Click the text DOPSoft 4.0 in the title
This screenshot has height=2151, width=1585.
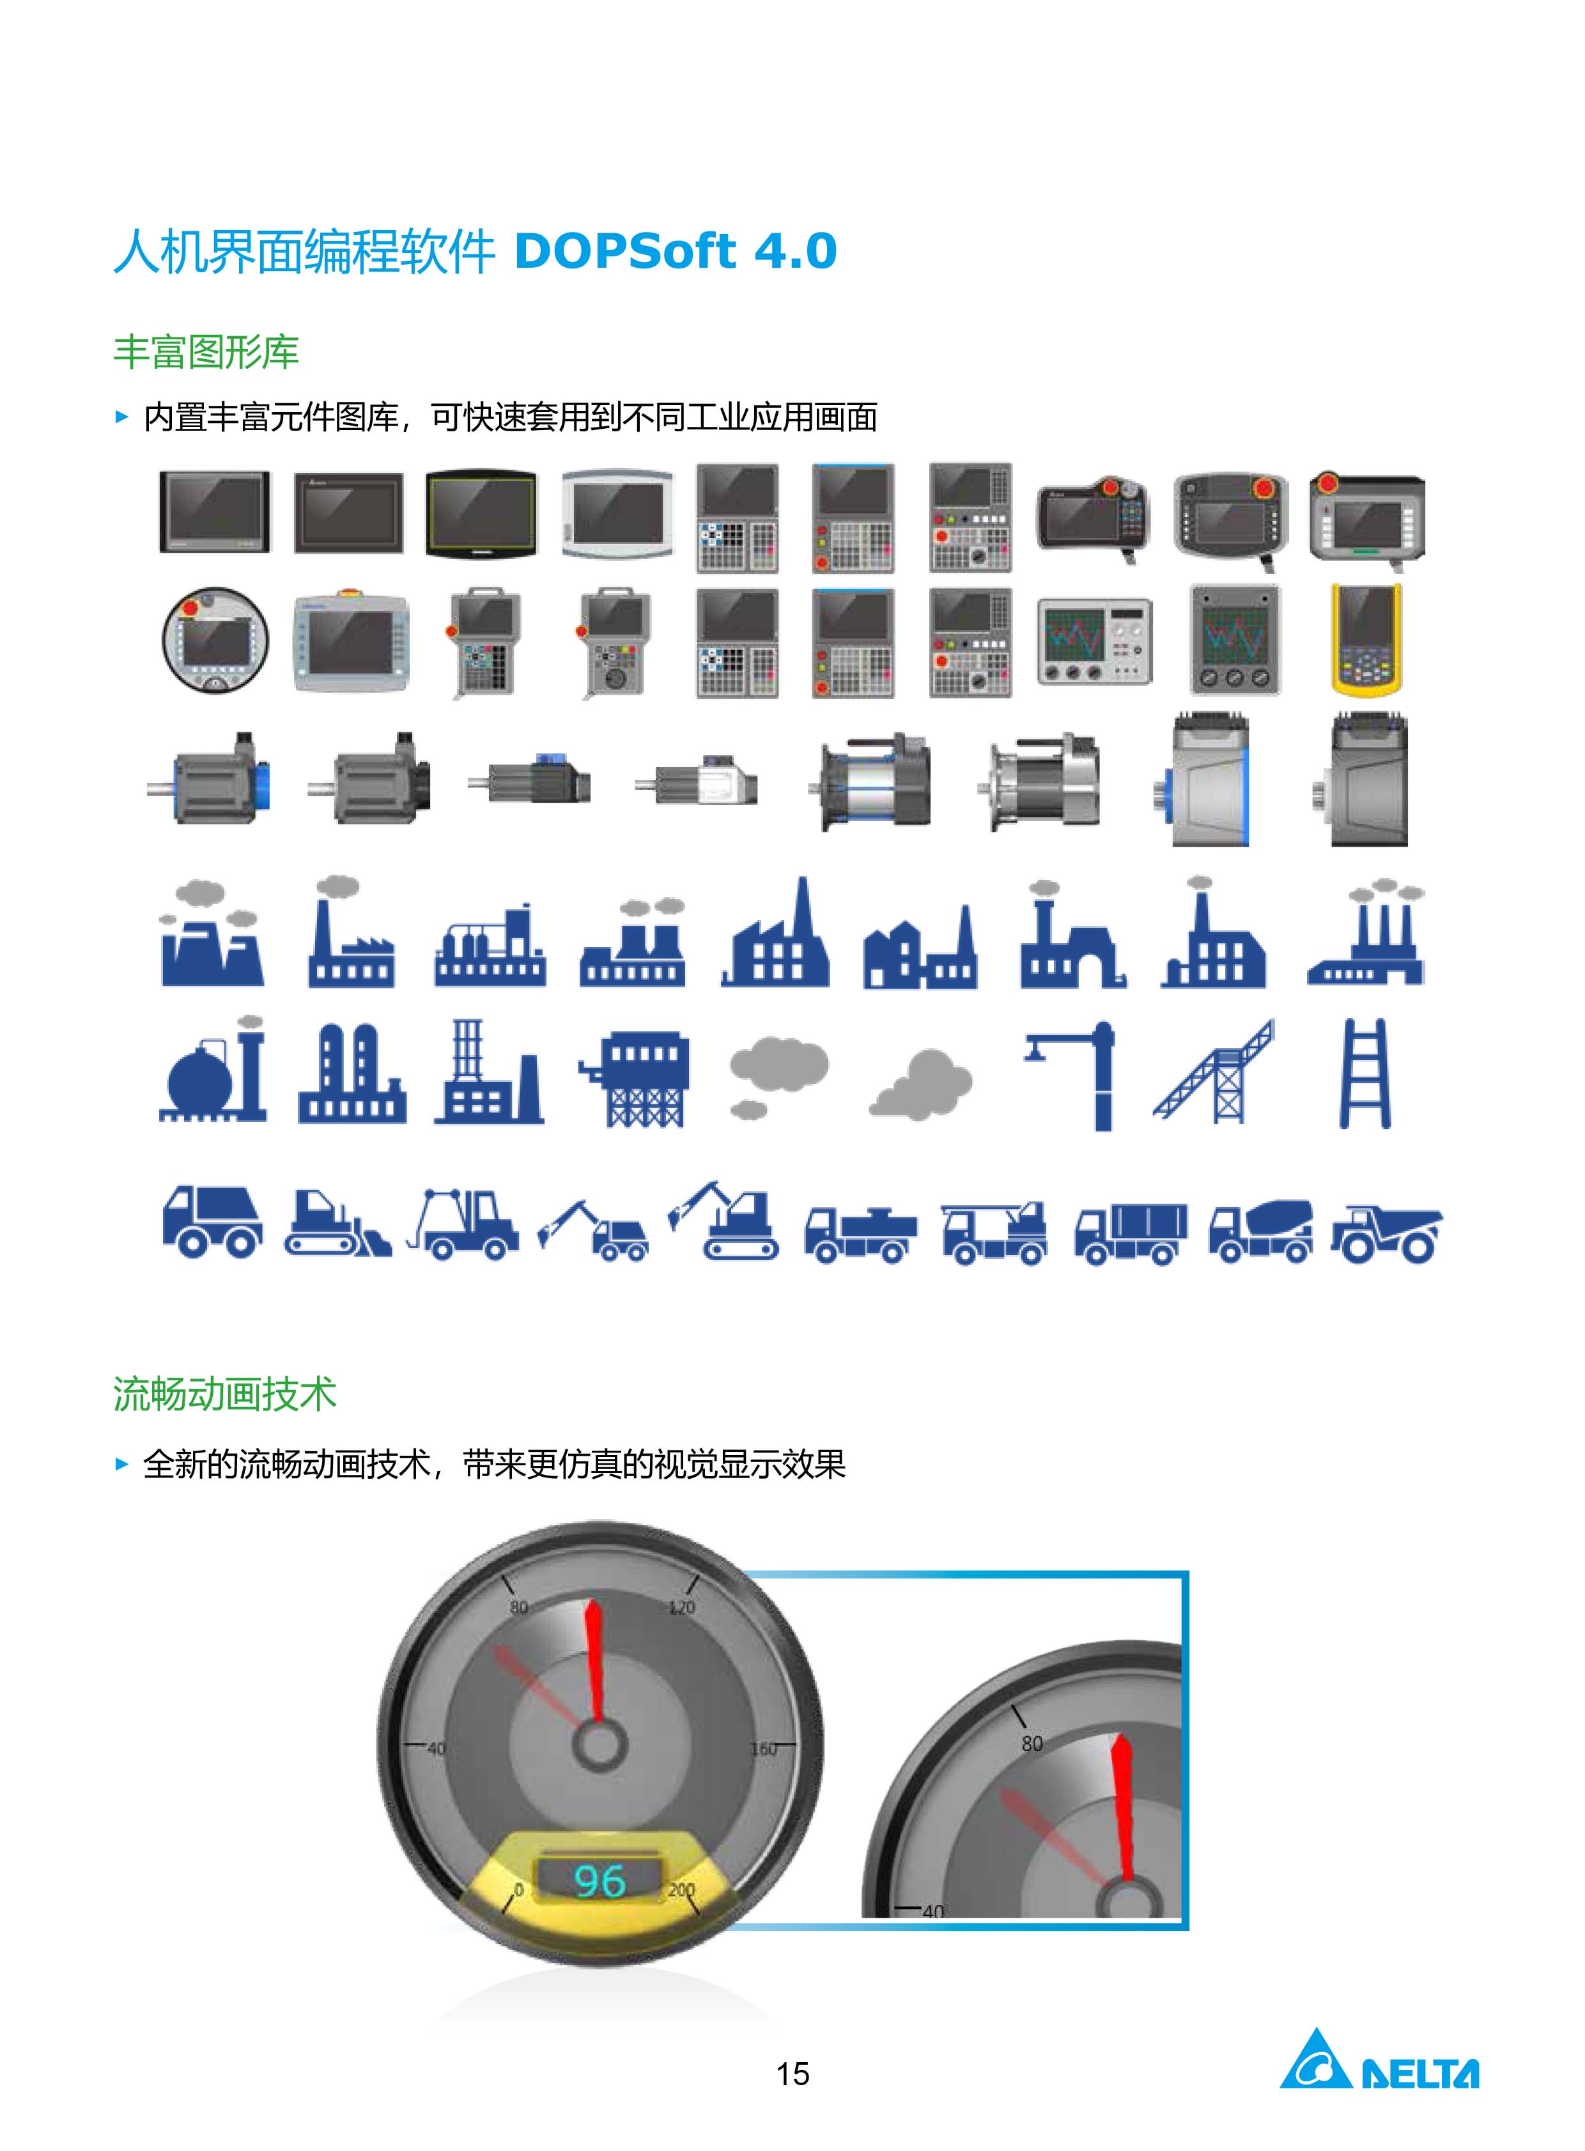[676, 251]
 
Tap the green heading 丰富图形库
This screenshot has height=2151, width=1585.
[206, 352]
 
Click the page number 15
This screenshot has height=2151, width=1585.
[792, 2074]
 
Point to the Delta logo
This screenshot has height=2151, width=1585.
[1379, 2059]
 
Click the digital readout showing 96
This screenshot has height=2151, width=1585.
[599, 1881]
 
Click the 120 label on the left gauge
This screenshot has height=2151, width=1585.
[681, 1607]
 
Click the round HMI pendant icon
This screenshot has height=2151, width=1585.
[215, 640]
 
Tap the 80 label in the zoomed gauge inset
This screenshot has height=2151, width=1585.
[1032, 1743]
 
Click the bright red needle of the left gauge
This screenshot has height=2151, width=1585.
[595, 1661]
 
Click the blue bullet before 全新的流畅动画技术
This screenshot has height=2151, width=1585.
[121, 1464]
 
